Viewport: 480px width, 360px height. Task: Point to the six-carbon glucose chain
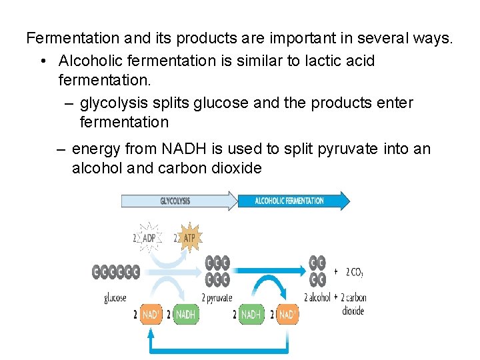click(116, 272)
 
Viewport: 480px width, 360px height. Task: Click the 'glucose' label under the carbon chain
click(115, 298)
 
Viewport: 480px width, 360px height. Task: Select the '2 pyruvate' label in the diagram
click(217, 298)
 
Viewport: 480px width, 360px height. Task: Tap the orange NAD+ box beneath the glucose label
click(150, 314)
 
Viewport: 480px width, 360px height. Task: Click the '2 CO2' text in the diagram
click(355, 272)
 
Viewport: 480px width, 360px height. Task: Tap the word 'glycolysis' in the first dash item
click(111, 103)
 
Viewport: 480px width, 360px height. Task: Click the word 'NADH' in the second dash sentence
click(185, 149)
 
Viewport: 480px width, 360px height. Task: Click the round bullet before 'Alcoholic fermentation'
click(42, 61)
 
